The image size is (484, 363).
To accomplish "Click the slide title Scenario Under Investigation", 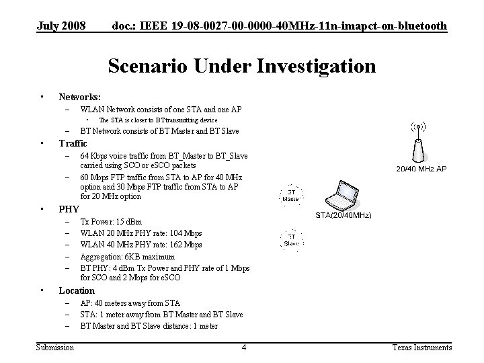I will (241, 67).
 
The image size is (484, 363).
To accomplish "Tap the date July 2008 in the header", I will (61, 26).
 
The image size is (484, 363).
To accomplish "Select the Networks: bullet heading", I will (79, 97).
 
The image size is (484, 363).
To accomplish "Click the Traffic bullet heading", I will (73, 143).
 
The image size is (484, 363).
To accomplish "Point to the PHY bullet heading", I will (69, 209).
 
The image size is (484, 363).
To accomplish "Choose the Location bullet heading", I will (77, 290).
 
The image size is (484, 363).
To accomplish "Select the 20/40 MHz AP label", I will (421, 169).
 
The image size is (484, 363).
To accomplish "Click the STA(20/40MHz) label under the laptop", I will (344, 215).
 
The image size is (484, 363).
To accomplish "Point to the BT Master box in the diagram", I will (290, 194).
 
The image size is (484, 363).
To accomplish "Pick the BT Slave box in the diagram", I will (292, 239).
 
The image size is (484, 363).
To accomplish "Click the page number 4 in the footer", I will (244, 348).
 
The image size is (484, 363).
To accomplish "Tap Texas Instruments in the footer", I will (422, 348).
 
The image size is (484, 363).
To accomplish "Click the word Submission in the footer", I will (55, 348).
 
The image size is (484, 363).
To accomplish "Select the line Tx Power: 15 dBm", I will (111, 221).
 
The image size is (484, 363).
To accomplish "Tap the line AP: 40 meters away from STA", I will (130, 302).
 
